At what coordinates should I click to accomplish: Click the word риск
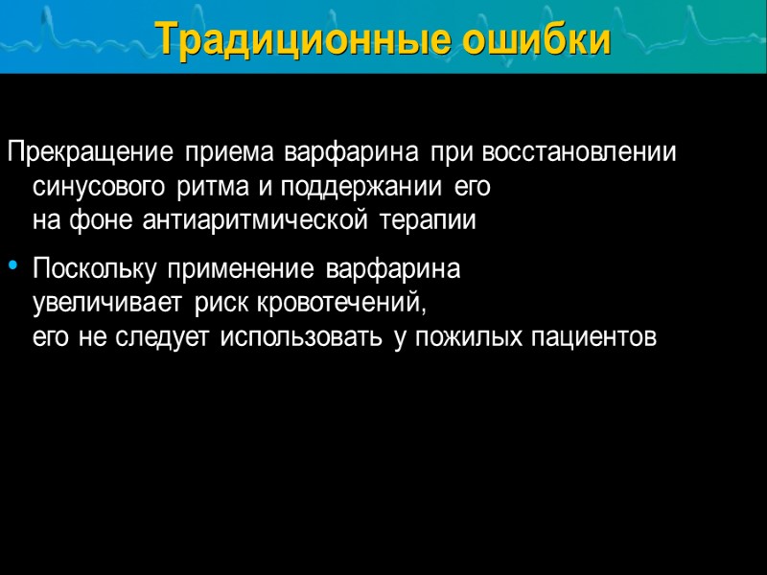(224, 305)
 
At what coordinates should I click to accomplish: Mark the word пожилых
(467, 338)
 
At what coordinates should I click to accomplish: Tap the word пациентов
(593, 338)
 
